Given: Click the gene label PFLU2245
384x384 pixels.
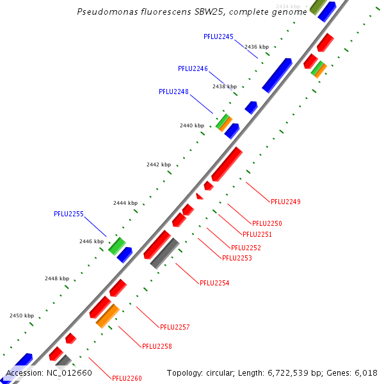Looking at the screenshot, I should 218,36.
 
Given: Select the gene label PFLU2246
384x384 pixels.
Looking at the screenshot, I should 193,68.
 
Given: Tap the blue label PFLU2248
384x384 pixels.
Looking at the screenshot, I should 173,92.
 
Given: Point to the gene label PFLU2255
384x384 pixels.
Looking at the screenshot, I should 68,214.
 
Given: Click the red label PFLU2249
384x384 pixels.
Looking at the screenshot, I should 285,202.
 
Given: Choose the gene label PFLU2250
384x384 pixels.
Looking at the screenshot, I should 267,223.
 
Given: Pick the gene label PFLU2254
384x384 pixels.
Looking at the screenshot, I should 214,282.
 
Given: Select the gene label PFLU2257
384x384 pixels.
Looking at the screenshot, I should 175,327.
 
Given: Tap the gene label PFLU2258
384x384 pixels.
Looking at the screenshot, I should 157,346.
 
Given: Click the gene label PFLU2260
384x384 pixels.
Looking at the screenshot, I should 127,378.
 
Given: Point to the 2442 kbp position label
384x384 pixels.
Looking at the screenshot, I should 159,164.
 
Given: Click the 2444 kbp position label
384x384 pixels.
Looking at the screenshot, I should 125,203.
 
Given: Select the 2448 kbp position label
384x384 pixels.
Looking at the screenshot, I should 57,278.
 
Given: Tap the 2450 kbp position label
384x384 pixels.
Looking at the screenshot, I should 22,316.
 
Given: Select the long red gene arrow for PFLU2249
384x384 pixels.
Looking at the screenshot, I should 227,164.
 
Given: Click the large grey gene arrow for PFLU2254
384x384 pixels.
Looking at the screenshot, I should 164,253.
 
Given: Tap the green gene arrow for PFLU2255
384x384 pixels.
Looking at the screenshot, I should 116,245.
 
